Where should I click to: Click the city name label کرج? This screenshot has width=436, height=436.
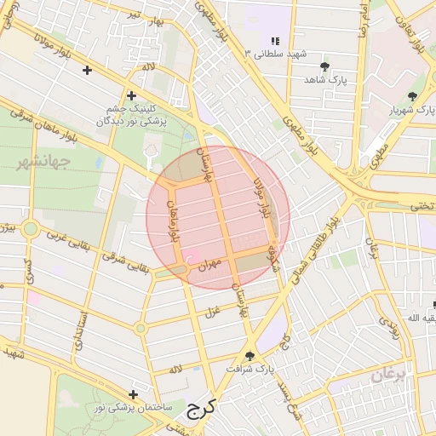point(199,410)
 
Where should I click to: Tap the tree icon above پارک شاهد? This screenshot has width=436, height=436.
point(324,66)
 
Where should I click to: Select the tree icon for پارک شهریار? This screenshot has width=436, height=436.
point(412,96)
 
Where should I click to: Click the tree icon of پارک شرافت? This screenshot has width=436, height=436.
point(250,355)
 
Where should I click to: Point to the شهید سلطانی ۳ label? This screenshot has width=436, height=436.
point(274,54)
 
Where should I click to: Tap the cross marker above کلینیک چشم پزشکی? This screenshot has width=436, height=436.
point(130,95)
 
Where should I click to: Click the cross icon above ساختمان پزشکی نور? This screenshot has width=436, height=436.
point(133,394)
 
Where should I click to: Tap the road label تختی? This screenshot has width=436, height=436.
point(422,206)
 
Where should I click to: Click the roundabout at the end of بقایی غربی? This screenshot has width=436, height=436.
point(31,229)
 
